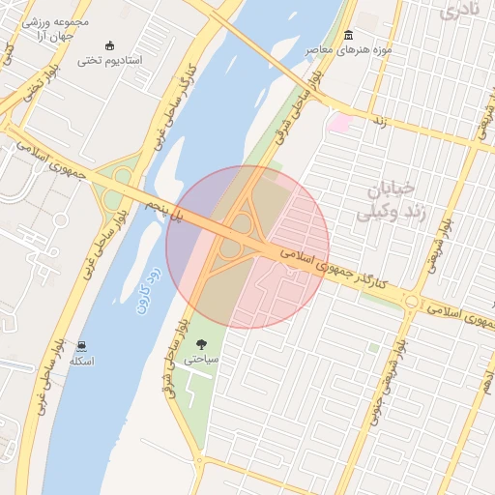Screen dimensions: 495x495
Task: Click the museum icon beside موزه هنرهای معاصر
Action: tap(348, 36)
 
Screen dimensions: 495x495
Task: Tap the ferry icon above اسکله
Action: tap(81, 346)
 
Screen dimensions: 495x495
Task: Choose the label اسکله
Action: tap(81, 362)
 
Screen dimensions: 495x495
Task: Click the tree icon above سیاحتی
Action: tap(201, 344)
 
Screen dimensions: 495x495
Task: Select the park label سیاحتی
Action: tap(201, 359)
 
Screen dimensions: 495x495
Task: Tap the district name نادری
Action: tap(458, 12)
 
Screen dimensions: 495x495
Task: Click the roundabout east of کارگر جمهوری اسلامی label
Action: tap(411, 302)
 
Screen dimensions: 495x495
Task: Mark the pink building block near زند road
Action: tap(339, 123)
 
